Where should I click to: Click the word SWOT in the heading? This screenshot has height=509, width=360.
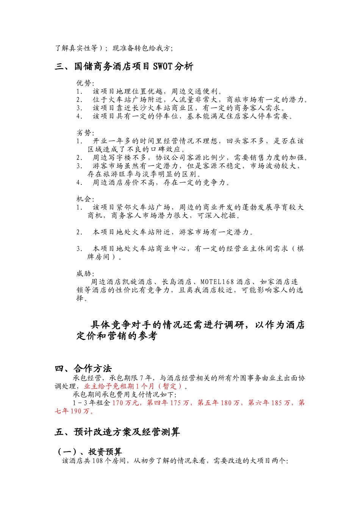pos(163,67)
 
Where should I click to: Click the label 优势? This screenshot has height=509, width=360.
pos(85,83)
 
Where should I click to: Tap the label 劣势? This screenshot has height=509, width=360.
pos(85,133)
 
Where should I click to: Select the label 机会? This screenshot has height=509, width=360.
pos(85,199)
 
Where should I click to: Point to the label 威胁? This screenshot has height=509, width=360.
pos(85,274)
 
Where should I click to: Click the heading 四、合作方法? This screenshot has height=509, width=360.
pos(83,368)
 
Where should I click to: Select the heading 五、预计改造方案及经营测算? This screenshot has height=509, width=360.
pos(117,432)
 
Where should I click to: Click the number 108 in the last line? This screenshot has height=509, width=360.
pos(97,461)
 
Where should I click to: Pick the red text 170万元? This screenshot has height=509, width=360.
pos(126,403)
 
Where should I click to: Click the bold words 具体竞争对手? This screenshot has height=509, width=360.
pos(123,325)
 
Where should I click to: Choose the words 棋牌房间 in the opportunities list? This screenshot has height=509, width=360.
pos(98,257)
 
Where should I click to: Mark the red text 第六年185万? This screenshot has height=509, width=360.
pos(270,403)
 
